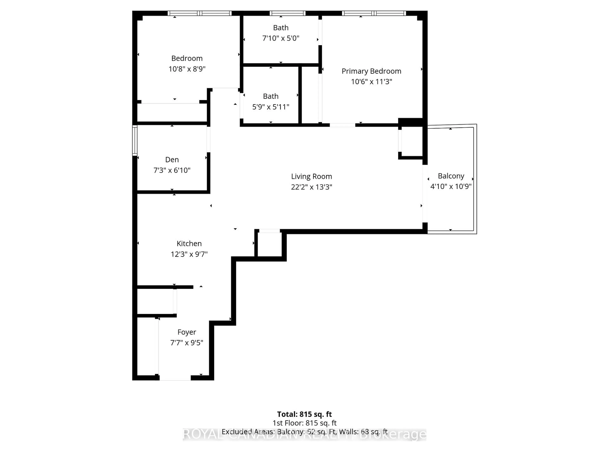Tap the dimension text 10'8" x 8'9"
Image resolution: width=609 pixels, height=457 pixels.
tap(187, 69)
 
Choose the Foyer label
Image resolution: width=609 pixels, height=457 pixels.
tap(187, 332)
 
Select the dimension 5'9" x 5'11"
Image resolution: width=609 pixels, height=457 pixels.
tap(271, 107)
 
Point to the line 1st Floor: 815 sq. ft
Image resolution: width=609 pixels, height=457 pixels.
tap(304, 423)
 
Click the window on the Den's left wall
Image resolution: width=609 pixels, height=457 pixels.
tap(135, 140)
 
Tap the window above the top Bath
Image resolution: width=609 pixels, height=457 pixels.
tap(287, 13)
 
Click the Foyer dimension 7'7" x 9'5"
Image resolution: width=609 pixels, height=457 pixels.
tap(187, 343)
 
